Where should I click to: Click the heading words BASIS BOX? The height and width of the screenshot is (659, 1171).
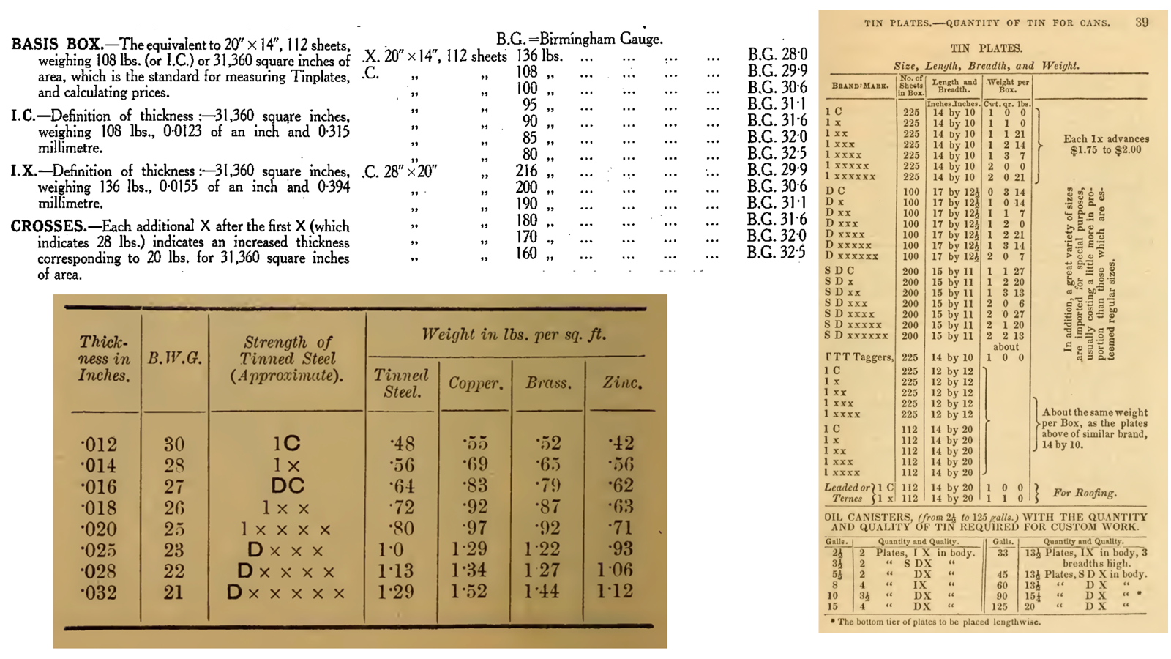coord(56,44)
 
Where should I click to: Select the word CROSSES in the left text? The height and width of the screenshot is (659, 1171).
coord(48,226)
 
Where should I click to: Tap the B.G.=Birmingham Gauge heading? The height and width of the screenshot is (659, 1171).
coord(579,39)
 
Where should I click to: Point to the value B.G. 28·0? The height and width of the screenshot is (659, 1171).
coord(777,55)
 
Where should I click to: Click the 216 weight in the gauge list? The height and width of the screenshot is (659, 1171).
coord(525,171)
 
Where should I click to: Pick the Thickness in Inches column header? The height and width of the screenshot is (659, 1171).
coord(104,358)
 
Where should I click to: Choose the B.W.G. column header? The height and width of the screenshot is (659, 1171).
coord(174,358)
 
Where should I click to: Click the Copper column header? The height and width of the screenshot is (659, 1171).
coord(476,383)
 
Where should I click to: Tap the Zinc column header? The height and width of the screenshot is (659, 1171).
coord(622,382)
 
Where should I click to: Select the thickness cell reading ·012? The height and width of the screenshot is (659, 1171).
coord(99,444)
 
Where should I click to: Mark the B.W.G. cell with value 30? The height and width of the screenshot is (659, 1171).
coord(173,444)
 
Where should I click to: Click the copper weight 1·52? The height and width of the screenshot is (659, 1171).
coord(468,592)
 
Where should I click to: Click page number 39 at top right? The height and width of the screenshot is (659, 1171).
coord(1142,22)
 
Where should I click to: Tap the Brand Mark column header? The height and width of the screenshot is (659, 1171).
coord(861,86)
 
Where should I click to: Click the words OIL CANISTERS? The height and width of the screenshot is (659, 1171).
coord(865,516)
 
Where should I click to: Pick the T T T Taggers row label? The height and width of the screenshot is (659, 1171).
coord(859,357)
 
